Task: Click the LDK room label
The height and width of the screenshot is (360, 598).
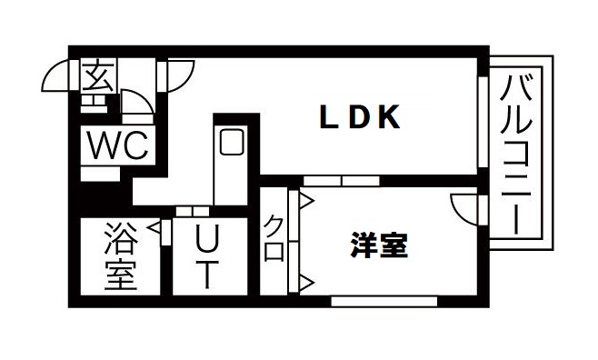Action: tap(359, 117)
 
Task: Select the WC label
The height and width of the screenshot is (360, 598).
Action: tap(117, 146)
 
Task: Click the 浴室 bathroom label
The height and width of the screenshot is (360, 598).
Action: tap(119, 256)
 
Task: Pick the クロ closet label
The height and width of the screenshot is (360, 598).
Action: tap(274, 238)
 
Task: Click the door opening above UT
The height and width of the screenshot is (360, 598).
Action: tap(192, 211)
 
